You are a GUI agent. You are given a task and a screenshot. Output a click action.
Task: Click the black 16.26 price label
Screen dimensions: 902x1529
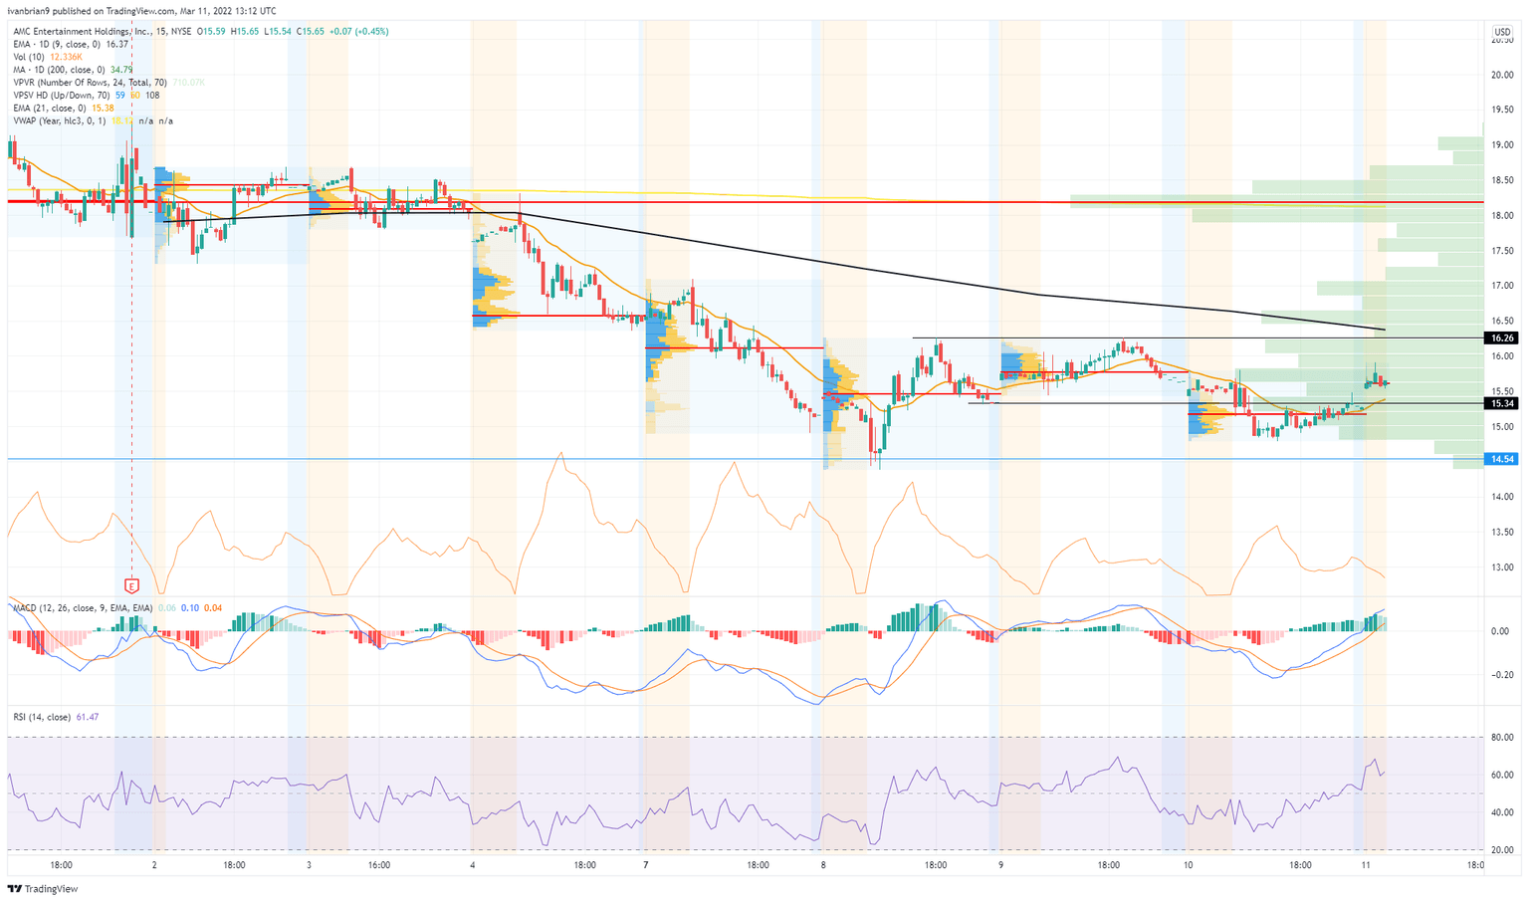tap(1501, 338)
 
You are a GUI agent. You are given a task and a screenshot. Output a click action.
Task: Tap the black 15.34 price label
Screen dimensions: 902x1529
tap(1501, 403)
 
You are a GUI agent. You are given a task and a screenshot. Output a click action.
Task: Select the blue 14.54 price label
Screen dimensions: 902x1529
tap(1501, 459)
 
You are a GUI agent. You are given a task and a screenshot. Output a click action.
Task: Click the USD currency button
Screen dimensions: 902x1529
tap(1501, 33)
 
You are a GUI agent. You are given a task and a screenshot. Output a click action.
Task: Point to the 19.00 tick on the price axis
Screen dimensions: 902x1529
tap(1501, 144)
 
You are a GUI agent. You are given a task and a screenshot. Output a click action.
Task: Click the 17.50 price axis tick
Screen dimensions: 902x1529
tap(1501, 251)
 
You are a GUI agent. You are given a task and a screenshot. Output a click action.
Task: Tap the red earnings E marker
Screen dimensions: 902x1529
tap(131, 585)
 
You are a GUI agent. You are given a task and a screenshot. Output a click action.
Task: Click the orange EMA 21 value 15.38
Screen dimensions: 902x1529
tap(103, 108)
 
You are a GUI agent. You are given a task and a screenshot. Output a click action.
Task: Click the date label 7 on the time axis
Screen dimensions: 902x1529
tap(646, 865)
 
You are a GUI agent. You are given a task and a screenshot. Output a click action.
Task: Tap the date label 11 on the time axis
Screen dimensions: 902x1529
tap(1366, 865)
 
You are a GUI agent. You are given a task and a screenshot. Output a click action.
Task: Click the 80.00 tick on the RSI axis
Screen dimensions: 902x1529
tap(1501, 738)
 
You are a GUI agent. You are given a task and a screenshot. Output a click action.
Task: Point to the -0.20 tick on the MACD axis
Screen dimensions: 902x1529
tap(1500, 674)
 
